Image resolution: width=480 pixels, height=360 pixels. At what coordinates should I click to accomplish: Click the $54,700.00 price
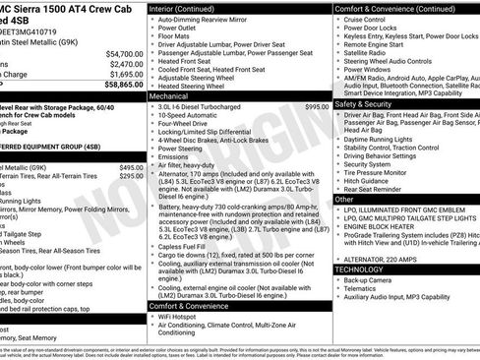pyautogui.click(x=124, y=54)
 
